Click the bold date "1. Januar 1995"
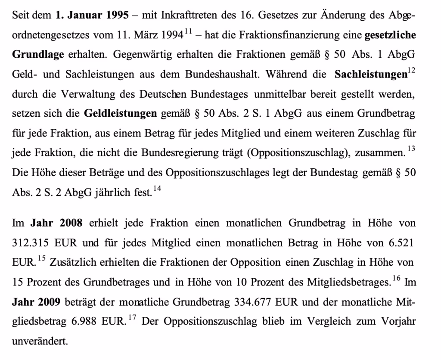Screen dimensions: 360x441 point(92,16)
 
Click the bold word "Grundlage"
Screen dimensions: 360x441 point(38,55)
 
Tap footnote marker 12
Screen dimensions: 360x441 point(411,71)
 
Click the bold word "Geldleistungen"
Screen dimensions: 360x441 point(120,114)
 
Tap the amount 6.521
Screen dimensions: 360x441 point(401,243)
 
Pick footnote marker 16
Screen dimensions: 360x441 point(398,279)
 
